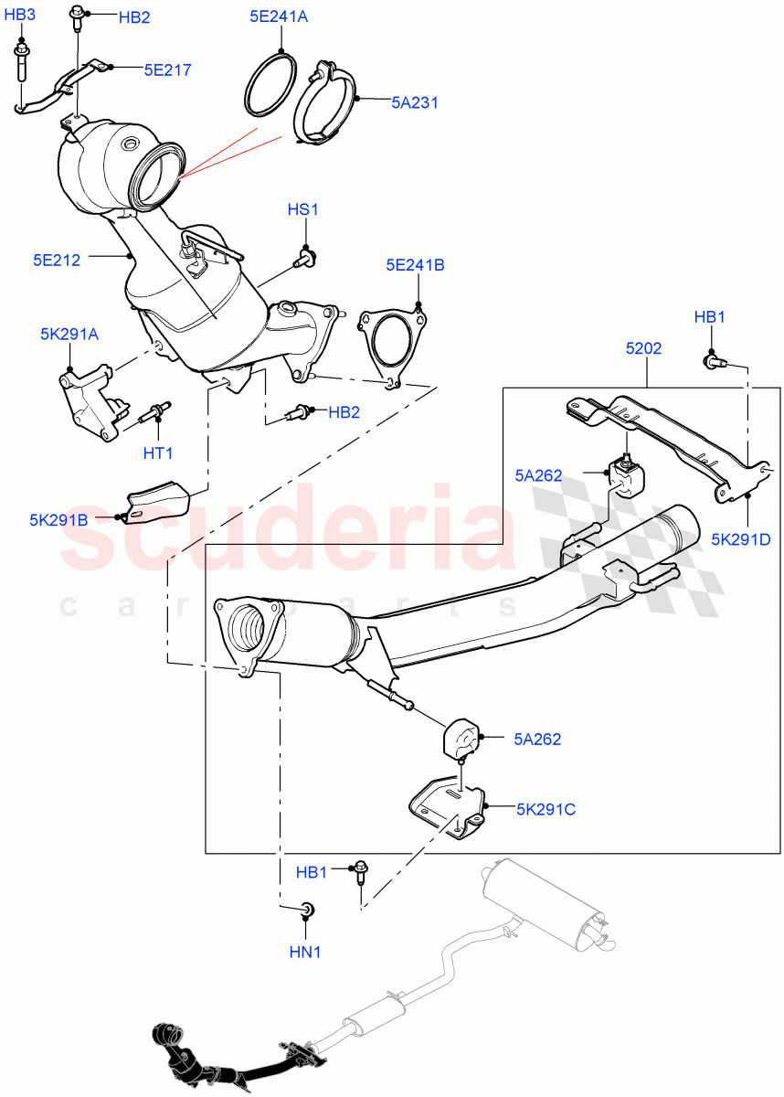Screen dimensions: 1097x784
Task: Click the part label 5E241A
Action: pos(280,16)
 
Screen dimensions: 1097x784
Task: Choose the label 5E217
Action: pos(167,69)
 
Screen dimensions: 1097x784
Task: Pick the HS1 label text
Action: pos(303,209)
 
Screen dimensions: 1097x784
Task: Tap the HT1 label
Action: pos(157,453)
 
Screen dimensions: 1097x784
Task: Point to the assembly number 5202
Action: pos(644,348)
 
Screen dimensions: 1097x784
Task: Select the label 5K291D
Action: pos(741,539)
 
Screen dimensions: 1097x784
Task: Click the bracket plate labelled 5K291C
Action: pos(446,804)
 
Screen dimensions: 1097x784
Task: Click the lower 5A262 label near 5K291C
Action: pos(537,739)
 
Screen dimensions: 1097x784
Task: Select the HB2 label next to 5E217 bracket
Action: pos(132,17)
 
